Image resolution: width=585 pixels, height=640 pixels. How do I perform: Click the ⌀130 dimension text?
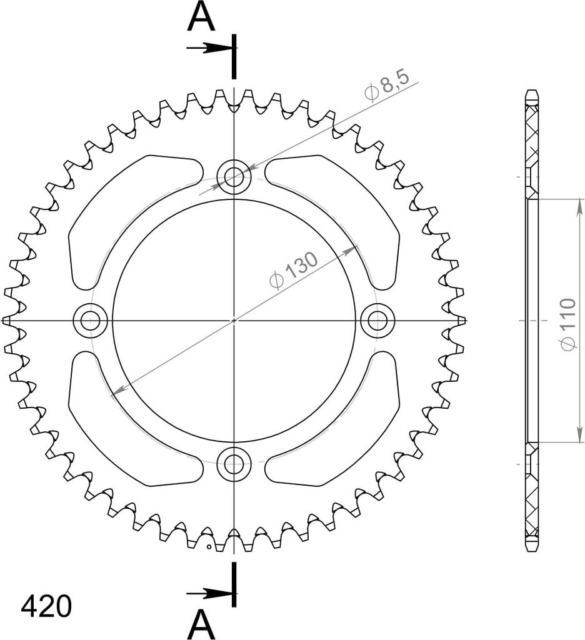click(x=293, y=270)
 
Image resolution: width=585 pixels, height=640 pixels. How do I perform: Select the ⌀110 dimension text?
click(x=568, y=324)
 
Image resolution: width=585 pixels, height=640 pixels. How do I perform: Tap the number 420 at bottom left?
click(x=46, y=606)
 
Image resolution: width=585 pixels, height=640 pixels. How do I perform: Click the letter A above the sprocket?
click(x=201, y=17)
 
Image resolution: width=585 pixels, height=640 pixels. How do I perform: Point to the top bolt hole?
click(x=234, y=177)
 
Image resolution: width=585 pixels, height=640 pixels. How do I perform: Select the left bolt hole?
click(x=90, y=321)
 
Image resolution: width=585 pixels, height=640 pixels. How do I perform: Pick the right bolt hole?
click(x=377, y=321)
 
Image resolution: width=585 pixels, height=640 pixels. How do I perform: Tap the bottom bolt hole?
click(x=234, y=464)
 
